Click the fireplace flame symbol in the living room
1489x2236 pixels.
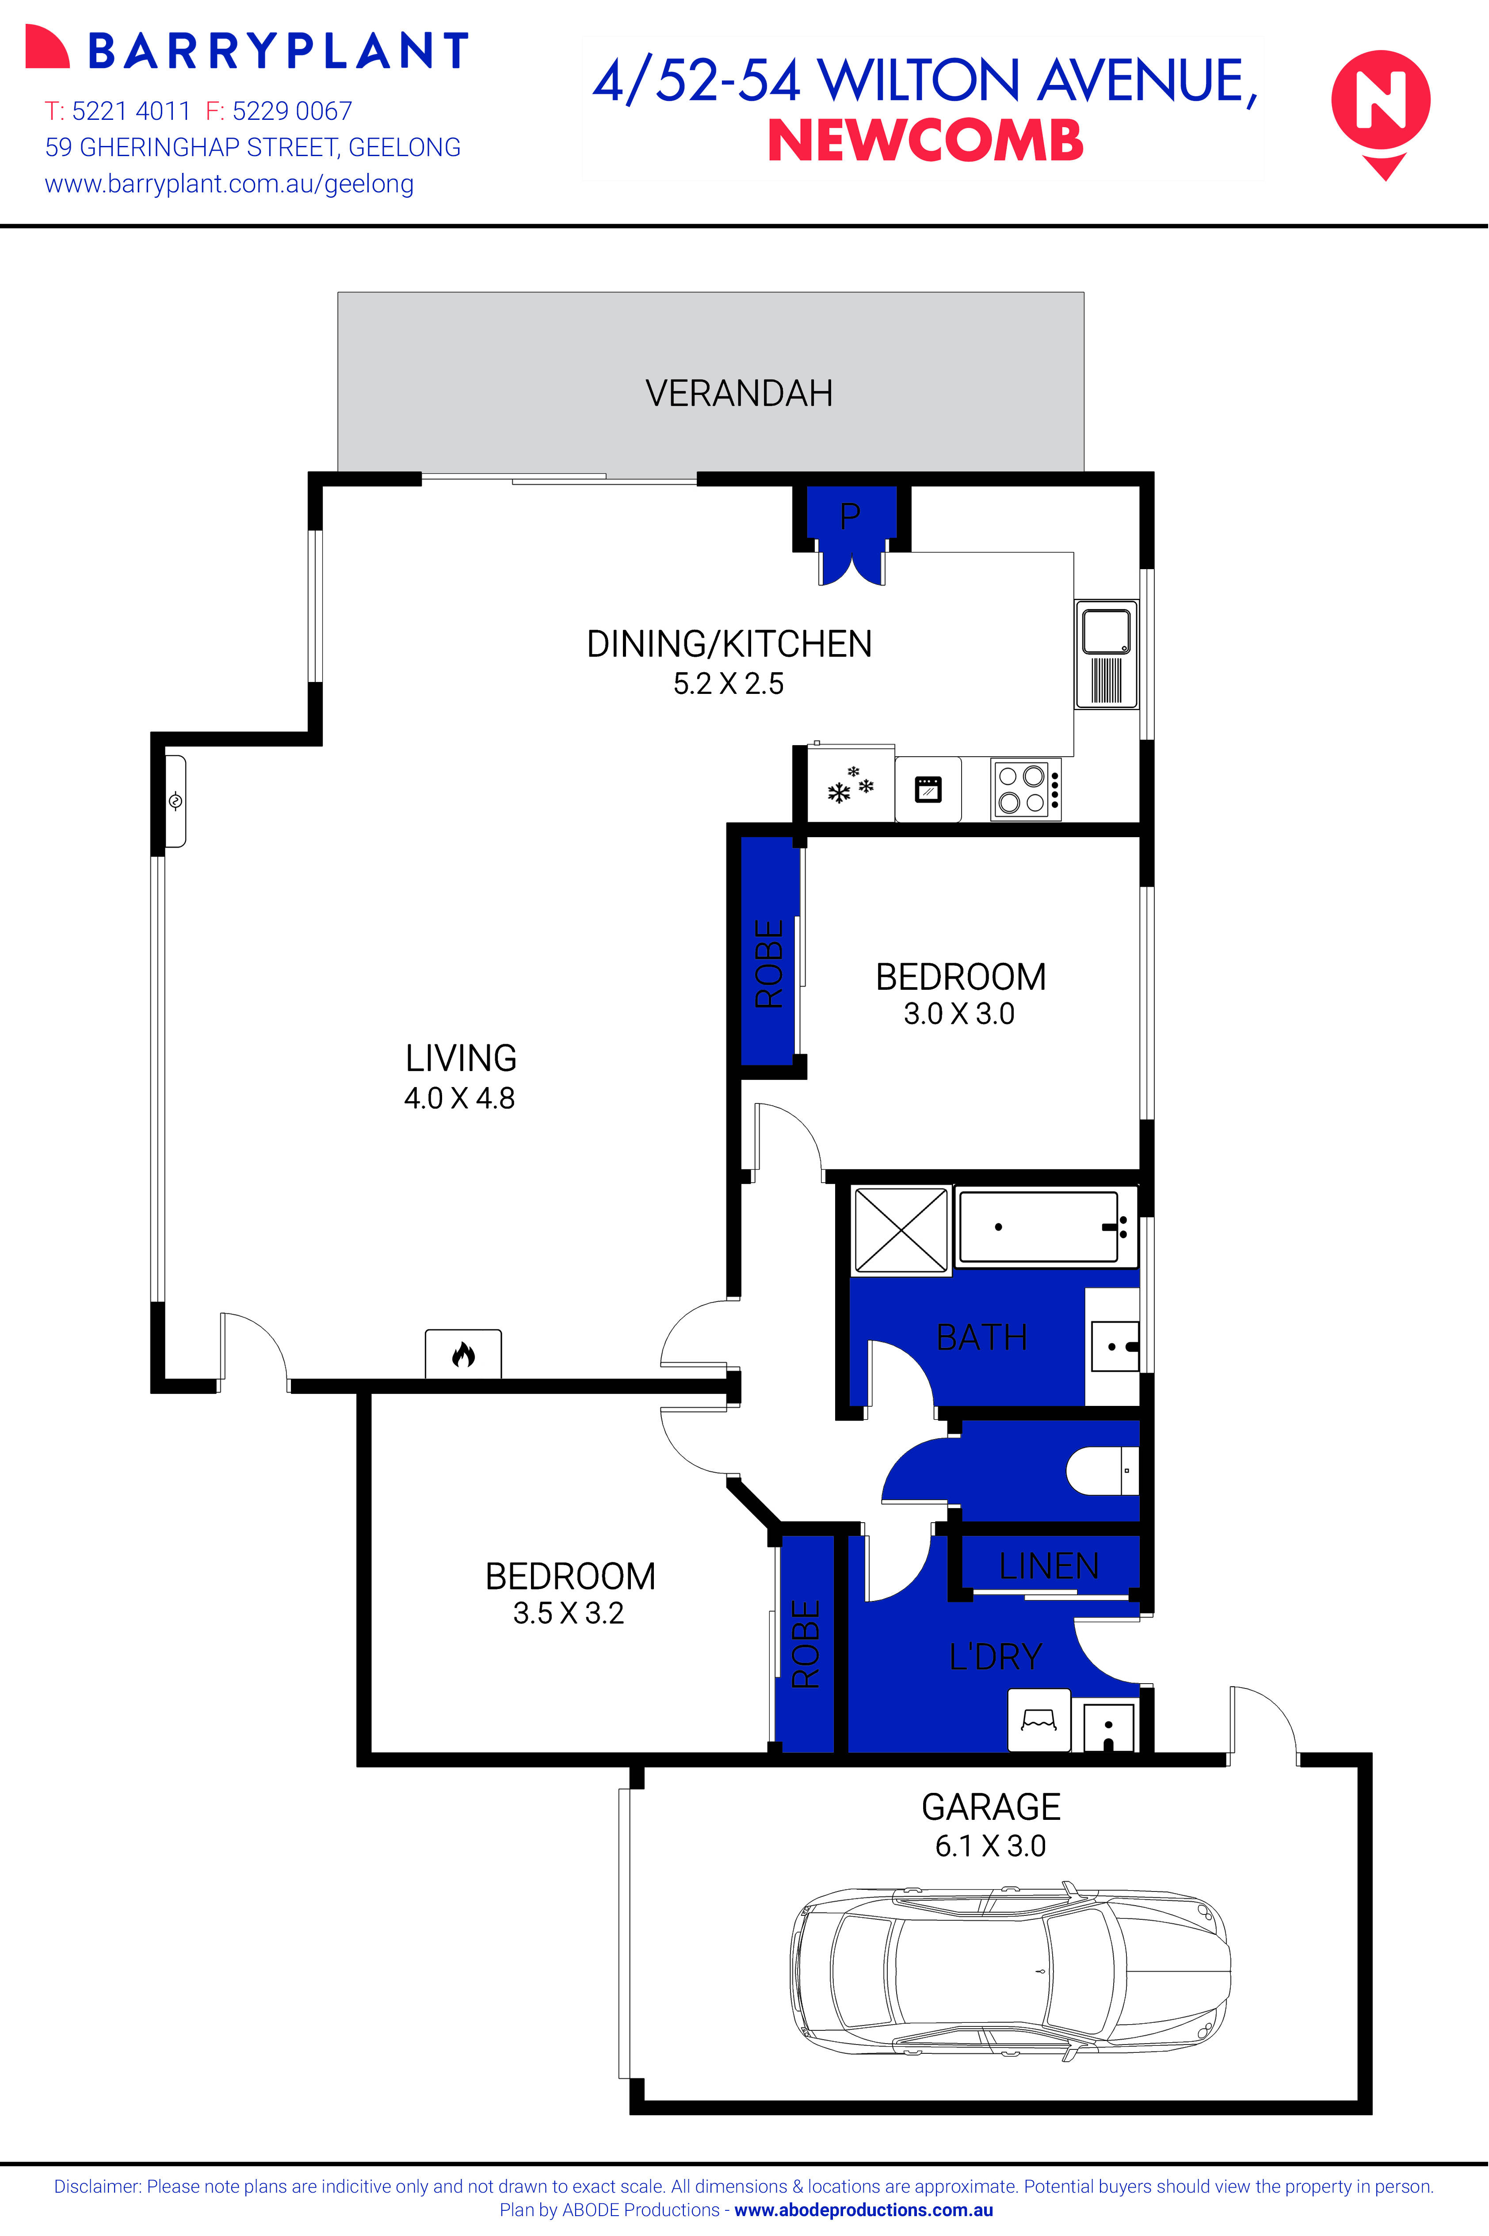462,1354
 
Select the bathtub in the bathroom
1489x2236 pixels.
1045,1227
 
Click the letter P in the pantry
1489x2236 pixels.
850,516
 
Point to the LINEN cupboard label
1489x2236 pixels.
1048,1566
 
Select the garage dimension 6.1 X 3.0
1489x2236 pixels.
990,1845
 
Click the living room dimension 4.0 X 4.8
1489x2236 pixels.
460,1098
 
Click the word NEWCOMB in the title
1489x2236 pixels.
925,142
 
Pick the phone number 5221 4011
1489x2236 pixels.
131,111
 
